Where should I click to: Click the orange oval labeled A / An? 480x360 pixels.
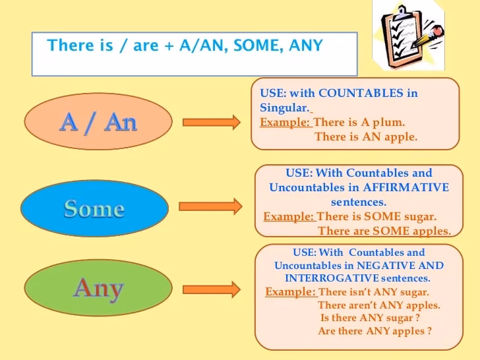(98, 122)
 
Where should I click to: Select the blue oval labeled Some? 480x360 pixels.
(94, 209)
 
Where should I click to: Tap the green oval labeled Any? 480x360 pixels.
(98, 288)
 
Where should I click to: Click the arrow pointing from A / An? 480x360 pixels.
(212, 122)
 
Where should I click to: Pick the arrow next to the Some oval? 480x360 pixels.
(210, 206)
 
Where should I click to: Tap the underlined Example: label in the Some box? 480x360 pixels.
(289, 216)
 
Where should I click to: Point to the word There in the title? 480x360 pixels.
(71, 45)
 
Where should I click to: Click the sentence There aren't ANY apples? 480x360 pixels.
(378, 305)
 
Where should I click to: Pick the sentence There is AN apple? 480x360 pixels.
(366, 136)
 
